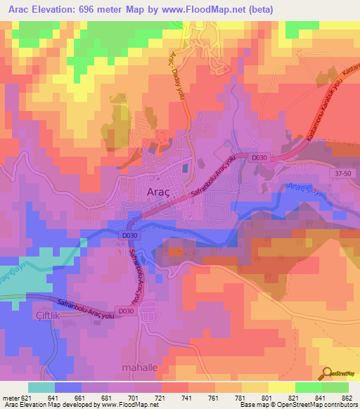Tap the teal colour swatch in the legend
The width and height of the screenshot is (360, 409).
point(41,387)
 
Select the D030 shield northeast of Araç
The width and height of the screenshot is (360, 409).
point(257,160)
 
